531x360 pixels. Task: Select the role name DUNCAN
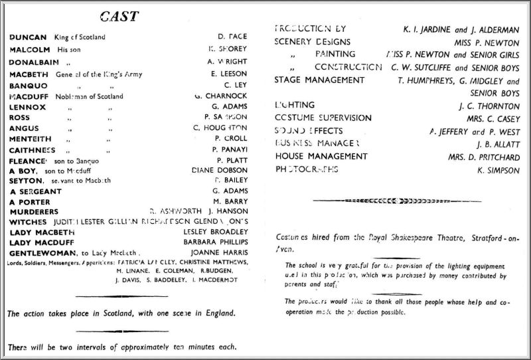[x=29, y=37]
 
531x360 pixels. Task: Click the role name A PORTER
[x=30, y=202]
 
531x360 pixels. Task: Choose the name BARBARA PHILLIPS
[x=213, y=242]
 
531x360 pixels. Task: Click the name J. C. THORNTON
[x=489, y=106]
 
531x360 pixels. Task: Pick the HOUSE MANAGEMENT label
[x=321, y=156]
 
